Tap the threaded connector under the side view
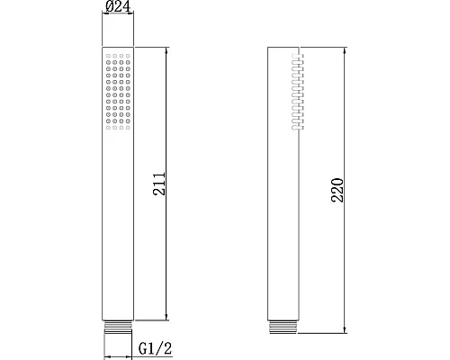click(284, 326)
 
